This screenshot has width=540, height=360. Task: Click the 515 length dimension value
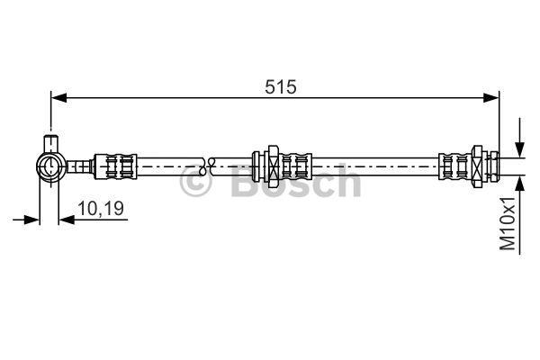280,86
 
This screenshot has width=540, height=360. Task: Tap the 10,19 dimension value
101,209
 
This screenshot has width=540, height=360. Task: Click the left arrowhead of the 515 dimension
58,98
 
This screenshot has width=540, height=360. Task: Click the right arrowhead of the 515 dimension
491,98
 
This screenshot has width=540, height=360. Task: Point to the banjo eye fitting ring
51,167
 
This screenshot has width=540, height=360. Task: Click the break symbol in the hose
207,166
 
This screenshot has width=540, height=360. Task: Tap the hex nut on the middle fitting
273,166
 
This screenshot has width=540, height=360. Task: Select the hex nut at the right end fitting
477,166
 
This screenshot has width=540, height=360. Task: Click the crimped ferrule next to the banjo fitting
116,166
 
